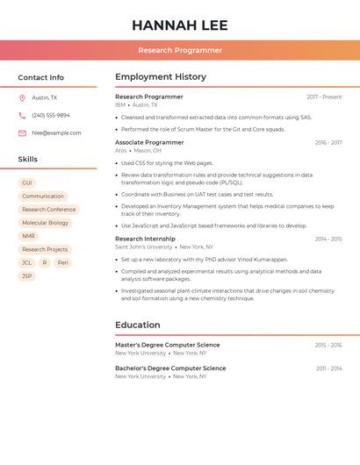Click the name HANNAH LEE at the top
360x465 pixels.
pos(179,25)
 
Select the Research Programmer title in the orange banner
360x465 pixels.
pos(179,51)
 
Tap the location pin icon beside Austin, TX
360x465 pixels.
pos(22,98)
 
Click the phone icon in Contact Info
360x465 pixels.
pos(22,116)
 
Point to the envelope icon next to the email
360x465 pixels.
pos(22,133)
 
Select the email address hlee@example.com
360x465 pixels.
pos(56,133)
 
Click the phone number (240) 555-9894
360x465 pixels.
pos(51,116)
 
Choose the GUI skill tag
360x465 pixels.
pos(26,182)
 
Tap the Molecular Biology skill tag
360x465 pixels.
pos(45,223)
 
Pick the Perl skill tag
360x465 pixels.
pos(62,262)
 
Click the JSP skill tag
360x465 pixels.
pos(26,275)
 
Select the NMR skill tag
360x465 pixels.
pos(28,236)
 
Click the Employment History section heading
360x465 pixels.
pos(161,77)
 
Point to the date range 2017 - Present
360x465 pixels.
pos(324,97)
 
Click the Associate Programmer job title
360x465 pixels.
pos(149,142)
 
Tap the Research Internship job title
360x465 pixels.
pos(145,239)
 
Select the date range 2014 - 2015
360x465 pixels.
pos(328,239)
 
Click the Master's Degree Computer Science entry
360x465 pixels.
pos(168,345)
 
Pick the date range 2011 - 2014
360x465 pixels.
pos(329,368)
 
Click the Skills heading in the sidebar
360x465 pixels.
pos(28,160)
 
